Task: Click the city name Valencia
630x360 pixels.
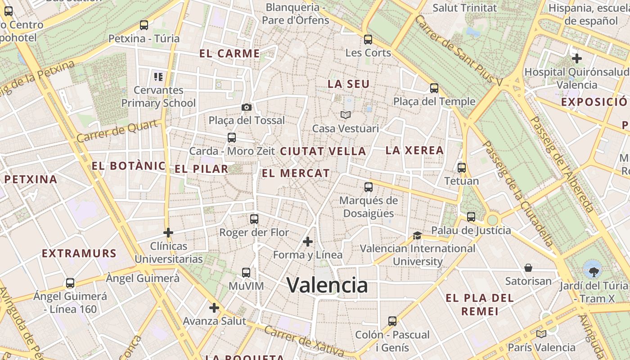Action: pos(327,285)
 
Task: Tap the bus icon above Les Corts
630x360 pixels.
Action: pos(368,40)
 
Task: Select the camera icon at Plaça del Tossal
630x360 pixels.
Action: pos(246,107)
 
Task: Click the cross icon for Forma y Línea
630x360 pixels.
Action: pos(308,242)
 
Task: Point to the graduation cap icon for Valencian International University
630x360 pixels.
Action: pos(417,235)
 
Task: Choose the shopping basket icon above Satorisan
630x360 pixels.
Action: pos(528,268)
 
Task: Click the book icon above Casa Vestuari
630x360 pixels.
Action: pos(345,115)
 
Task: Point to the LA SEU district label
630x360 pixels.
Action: pos(348,84)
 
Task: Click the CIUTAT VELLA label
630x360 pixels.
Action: pos(323,152)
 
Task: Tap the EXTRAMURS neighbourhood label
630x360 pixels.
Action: pos(79,253)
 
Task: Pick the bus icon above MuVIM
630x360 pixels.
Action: pos(246,273)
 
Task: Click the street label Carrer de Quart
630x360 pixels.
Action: pos(118,131)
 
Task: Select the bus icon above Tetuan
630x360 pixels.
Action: pos(461,168)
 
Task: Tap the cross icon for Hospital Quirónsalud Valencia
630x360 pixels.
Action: pos(576,58)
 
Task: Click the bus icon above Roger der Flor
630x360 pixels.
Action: pos(254,219)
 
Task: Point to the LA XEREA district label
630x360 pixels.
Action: pos(414,150)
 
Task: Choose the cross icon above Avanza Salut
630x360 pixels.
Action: pos(214,308)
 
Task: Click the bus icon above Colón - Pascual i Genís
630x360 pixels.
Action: pos(392,321)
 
